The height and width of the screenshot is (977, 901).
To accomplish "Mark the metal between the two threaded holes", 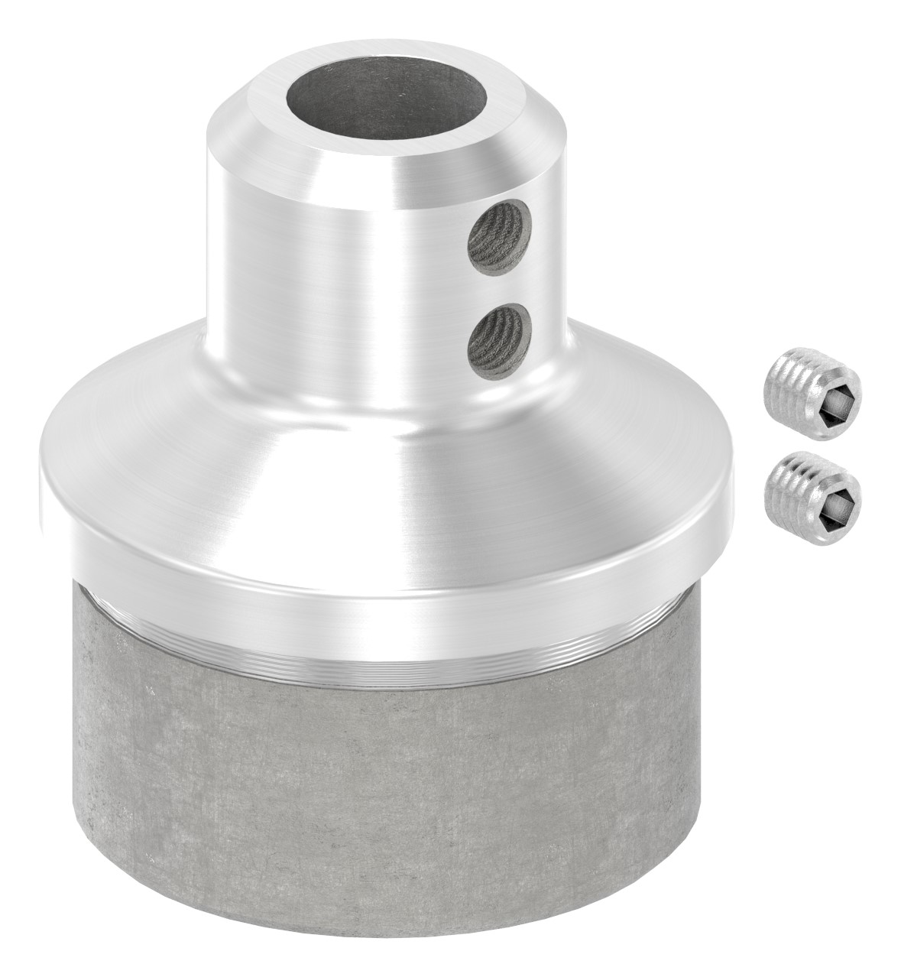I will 500,292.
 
